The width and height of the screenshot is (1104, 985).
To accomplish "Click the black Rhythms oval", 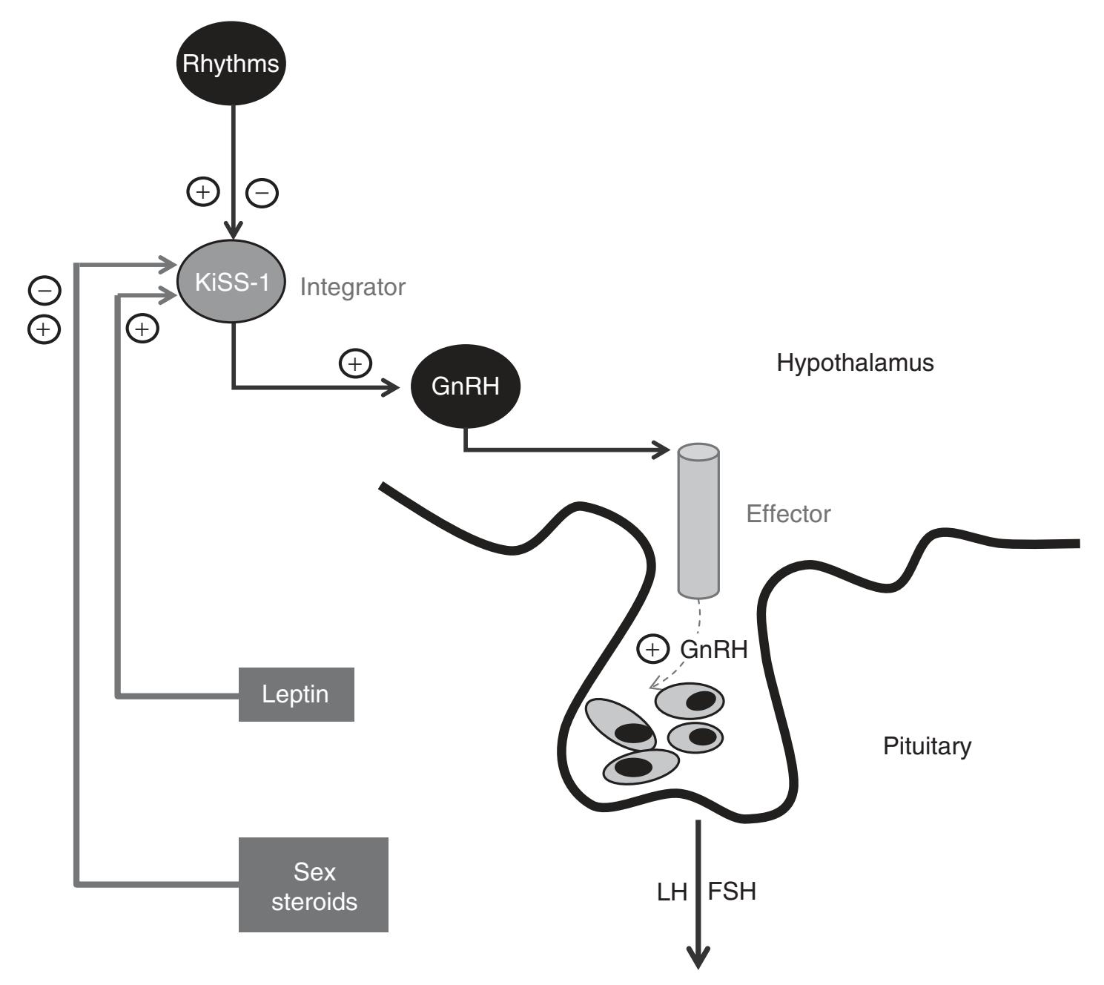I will tap(231, 63).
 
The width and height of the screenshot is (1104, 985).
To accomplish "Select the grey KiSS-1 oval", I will tap(231, 282).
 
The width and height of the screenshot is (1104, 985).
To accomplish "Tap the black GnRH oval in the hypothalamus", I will tap(465, 386).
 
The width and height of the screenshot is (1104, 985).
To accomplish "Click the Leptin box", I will tap(296, 694).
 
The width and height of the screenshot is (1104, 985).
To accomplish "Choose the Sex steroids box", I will tap(314, 885).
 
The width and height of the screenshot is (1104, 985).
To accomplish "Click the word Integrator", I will tap(353, 287).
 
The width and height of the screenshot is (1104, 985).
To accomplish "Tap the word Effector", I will tap(788, 514).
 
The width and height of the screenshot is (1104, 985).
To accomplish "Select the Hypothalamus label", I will tap(855, 363).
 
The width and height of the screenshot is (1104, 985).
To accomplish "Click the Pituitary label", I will tap(927, 745).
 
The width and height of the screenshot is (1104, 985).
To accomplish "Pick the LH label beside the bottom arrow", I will tap(672, 892).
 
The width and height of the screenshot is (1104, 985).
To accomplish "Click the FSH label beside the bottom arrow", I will tap(732, 891).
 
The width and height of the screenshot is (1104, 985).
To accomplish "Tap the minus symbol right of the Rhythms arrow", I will tap(262, 193).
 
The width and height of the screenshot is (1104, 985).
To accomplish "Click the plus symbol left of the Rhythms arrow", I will tap(202, 191).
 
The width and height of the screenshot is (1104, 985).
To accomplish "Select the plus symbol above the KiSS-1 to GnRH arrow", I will tap(355, 363).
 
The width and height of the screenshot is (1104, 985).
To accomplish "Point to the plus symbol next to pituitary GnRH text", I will tap(652, 650).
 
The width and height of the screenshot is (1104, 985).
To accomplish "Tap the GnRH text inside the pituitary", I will tap(713, 650).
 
